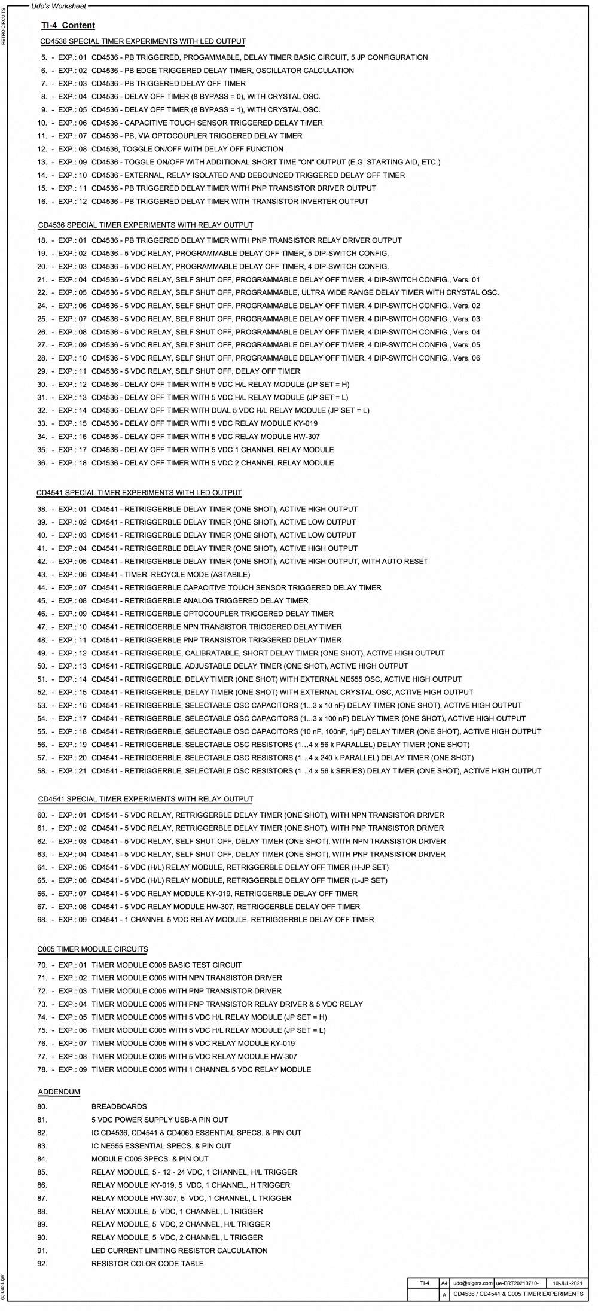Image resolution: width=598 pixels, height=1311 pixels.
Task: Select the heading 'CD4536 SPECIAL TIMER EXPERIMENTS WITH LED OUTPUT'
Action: click(x=142, y=41)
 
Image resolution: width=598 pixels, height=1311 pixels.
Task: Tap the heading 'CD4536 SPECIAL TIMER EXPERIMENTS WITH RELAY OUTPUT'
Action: click(x=145, y=225)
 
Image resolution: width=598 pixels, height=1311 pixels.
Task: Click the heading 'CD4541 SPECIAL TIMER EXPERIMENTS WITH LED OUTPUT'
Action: click(x=139, y=493)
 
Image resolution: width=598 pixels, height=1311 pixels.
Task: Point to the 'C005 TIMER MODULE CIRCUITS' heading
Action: click(x=93, y=949)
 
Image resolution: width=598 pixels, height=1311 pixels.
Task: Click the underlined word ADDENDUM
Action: click(x=59, y=1092)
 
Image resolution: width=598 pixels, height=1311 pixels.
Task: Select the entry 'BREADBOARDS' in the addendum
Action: click(x=119, y=1106)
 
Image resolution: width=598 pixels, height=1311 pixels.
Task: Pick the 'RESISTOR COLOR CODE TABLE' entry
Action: click(x=147, y=1264)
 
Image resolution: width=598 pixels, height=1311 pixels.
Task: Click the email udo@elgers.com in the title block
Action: click(x=472, y=1283)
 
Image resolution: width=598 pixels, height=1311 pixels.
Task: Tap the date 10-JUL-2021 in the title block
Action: click(x=566, y=1283)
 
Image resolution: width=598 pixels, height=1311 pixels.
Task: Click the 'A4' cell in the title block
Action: click(x=444, y=1283)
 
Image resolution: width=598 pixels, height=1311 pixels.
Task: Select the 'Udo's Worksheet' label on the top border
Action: click(x=58, y=6)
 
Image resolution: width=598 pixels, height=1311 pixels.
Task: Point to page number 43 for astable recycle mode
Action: click(x=42, y=574)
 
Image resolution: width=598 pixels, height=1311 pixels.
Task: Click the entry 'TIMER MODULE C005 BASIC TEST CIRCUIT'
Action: click(x=167, y=965)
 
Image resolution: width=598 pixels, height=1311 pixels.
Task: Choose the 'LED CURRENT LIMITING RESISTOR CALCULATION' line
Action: click(x=179, y=1251)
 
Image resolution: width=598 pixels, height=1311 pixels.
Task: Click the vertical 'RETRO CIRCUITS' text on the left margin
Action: click(x=4, y=27)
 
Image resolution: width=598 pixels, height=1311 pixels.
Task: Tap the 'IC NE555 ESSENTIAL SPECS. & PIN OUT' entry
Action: click(x=161, y=1146)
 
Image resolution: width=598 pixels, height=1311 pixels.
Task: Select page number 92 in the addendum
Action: click(x=42, y=1264)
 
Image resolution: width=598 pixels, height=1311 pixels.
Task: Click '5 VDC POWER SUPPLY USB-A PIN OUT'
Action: click(x=160, y=1120)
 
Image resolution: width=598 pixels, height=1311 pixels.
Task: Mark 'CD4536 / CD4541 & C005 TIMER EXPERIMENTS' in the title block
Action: click(x=518, y=1294)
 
